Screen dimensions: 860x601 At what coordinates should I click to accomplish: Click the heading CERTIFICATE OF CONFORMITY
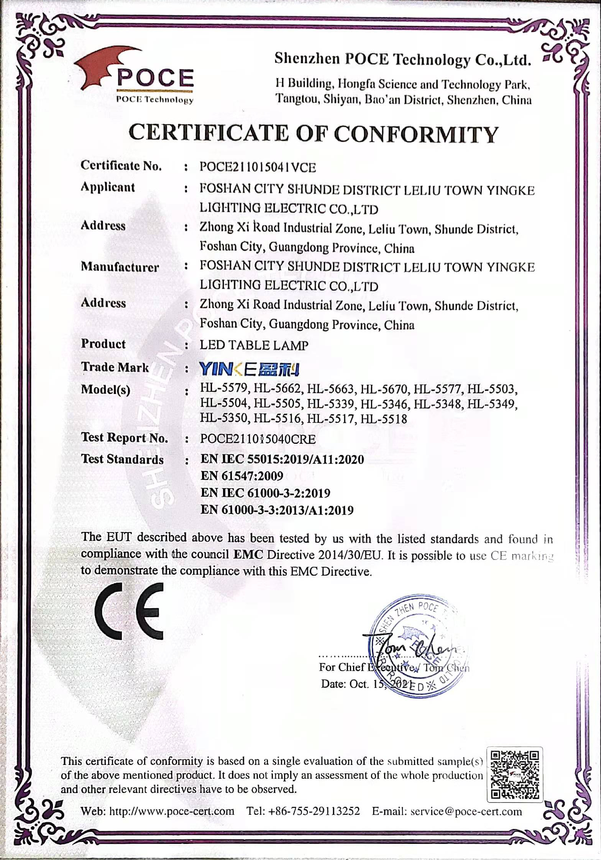click(313, 134)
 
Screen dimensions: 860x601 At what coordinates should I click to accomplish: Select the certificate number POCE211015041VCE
click(258, 167)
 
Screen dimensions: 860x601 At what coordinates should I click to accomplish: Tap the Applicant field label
click(108, 187)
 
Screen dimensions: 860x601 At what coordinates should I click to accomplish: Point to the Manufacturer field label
click(120, 267)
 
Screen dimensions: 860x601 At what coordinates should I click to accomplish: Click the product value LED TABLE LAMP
click(254, 345)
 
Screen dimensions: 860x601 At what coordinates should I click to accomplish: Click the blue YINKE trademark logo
click(249, 369)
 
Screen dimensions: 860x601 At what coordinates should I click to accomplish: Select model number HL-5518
click(384, 419)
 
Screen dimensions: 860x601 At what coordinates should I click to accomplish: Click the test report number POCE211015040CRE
click(258, 439)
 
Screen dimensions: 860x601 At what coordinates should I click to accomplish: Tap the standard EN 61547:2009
click(241, 476)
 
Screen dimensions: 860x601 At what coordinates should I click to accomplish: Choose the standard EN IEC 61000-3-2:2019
click(265, 493)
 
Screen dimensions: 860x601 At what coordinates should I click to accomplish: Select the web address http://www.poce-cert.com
click(172, 811)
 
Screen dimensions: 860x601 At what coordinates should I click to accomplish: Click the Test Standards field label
click(122, 459)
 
